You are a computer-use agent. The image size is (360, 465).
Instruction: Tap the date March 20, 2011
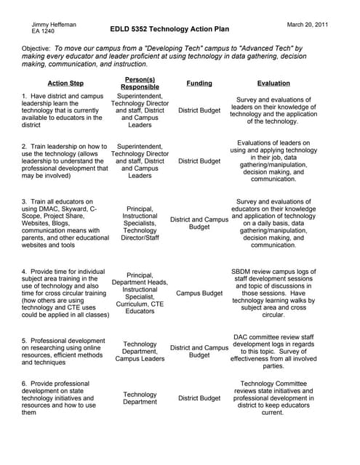pyautogui.click(x=308, y=25)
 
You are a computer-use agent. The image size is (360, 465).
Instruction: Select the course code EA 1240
pyautogui.click(x=43, y=33)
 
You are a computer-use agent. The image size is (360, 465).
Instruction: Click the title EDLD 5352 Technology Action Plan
pyautogui.click(x=169, y=30)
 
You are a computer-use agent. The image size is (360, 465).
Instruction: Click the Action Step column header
pyautogui.click(x=65, y=84)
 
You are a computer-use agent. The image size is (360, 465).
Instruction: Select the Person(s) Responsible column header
pyautogui.click(x=140, y=83)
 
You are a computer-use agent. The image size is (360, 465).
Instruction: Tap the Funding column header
pyautogui.click(x=199, y=84)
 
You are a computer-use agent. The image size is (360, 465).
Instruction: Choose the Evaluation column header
pyautogui.click(x=273, y=84)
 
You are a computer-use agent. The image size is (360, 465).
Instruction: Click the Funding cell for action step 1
pyautogui.click(x=199, y=110)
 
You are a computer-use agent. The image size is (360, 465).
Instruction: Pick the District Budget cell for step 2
pyautogui.click(x=199, y=161)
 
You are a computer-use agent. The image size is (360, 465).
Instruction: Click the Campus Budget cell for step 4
pyautogui.click(x=199, y=294)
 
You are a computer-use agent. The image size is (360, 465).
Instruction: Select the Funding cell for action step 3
pyautogui.click(x=199, y=223)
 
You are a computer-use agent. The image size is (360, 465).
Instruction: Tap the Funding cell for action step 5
pyautogui.click(x=199, y=352)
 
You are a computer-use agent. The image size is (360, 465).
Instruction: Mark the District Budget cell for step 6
pyautogui.click(x=199, y=398)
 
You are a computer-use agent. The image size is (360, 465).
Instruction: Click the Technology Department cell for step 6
pyautogui.click(x=140, y=398)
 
